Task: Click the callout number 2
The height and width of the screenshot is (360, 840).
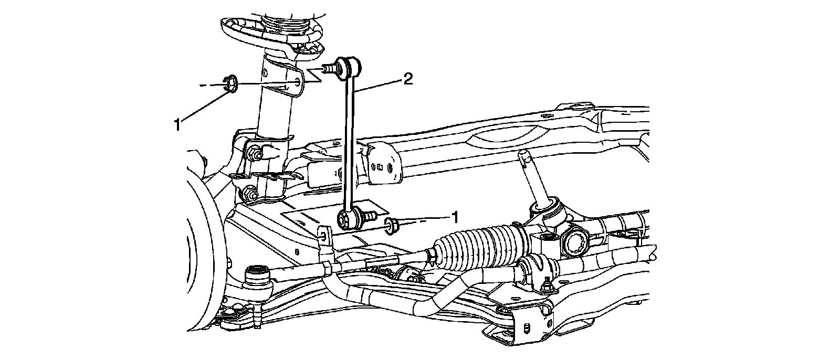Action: point(407,79)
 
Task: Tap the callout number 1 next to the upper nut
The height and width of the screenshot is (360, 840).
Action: point(178,124)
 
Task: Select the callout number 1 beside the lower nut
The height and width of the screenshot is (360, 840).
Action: point(455,216)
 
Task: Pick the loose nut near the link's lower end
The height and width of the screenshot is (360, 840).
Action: point(392,226)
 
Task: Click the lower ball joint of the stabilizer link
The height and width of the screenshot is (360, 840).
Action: point(347,218)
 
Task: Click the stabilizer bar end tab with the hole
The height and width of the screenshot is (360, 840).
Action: point(324,236)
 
